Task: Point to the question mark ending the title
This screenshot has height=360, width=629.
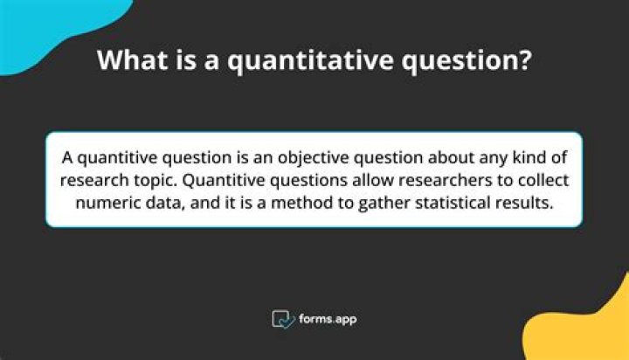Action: (525, 60)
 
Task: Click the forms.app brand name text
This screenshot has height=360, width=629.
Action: (327, 319)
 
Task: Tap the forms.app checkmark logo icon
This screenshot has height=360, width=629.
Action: (283, 319)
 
